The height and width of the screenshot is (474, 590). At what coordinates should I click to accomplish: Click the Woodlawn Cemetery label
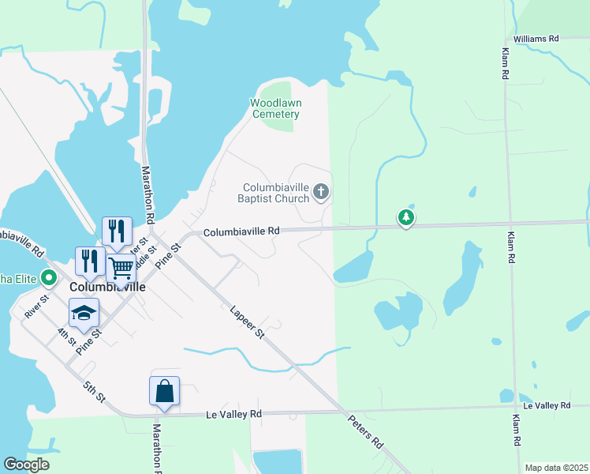[x=275, y=108]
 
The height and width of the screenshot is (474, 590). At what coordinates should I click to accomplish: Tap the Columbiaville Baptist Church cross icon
[x=321, y=190]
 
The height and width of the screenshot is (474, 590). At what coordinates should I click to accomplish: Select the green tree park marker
[x=405, y=216]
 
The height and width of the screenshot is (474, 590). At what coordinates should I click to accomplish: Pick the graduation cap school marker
[x=84, y=313]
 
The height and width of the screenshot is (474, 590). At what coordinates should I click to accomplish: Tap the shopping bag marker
[x=164, y=390]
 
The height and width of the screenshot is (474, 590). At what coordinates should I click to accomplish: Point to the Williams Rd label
[x=536, y=38]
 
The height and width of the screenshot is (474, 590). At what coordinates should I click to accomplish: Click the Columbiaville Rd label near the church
[x=241, y=231]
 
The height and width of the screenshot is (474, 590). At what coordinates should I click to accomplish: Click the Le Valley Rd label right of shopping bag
[x=233, y=414]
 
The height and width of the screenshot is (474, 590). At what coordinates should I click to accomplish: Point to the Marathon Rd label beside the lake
[x=146, y=194]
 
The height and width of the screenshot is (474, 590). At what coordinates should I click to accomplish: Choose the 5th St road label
[x=95, y=390]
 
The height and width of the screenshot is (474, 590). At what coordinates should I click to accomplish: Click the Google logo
[x=26, y=465]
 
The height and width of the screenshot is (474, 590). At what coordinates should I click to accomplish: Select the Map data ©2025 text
[x=555, y=468]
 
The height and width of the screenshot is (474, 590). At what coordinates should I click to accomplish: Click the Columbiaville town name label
[x=107, y=288]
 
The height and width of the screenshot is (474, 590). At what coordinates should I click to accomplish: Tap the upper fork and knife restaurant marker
[x=117, y=231]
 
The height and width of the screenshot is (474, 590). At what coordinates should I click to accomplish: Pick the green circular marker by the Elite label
[x=48, y=277]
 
